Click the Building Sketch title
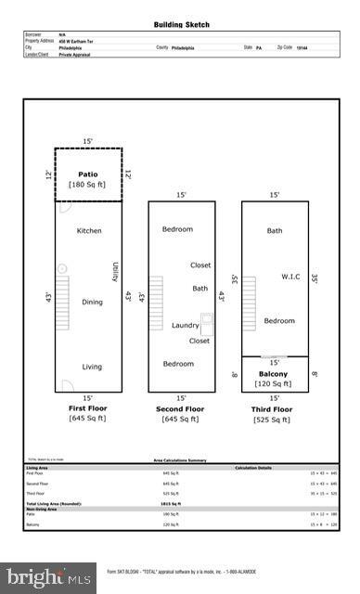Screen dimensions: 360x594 pos(180,24)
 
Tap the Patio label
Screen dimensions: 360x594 pos(88,174)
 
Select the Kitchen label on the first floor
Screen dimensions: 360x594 pos(89,230)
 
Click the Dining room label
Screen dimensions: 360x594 pos(93,302)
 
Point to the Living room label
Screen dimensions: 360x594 pos(92,367)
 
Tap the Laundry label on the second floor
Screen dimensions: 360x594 pos(186,326)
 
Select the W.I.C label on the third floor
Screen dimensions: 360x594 pos(293,276)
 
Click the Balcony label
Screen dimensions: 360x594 pos(274,374)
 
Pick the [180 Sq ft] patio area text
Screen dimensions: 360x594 pos(88,185)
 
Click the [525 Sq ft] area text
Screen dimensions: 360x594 pos(274,420)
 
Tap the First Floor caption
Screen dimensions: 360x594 pos(88,408)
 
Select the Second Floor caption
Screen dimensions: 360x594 pos(181,408)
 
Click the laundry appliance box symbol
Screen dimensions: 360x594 pos(207,324)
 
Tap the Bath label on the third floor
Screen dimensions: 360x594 pos(275,230)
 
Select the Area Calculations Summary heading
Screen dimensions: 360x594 pos(180,459)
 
